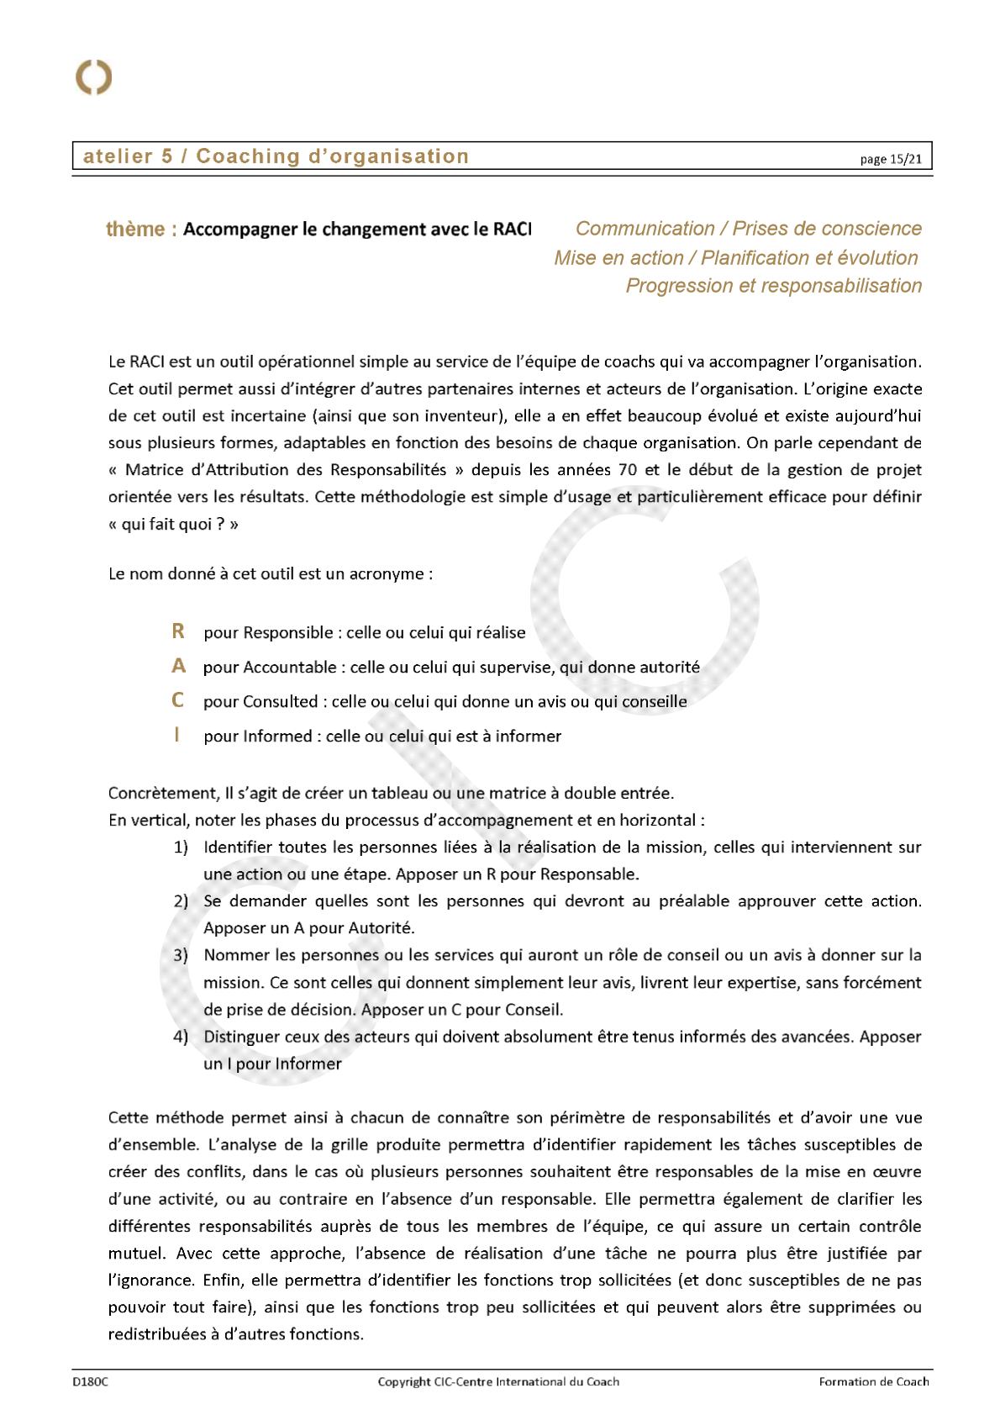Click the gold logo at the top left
coord(93,77)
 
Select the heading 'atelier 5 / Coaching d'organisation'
coord(276,156)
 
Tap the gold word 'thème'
coord(135,230)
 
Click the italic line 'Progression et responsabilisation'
coord(773,286)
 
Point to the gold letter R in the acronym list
coord(178,631)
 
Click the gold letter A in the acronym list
coord(178,666)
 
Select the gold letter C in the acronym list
coord(177,700)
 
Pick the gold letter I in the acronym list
coord(176,735)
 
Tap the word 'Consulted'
coord(281,702)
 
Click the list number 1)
coord(181,847)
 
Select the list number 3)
coord(181,956)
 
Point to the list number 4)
coord(181,1037)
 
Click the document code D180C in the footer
coord(90,1381)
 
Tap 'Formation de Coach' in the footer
coord(874,1381)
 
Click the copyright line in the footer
coord(498,1381)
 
